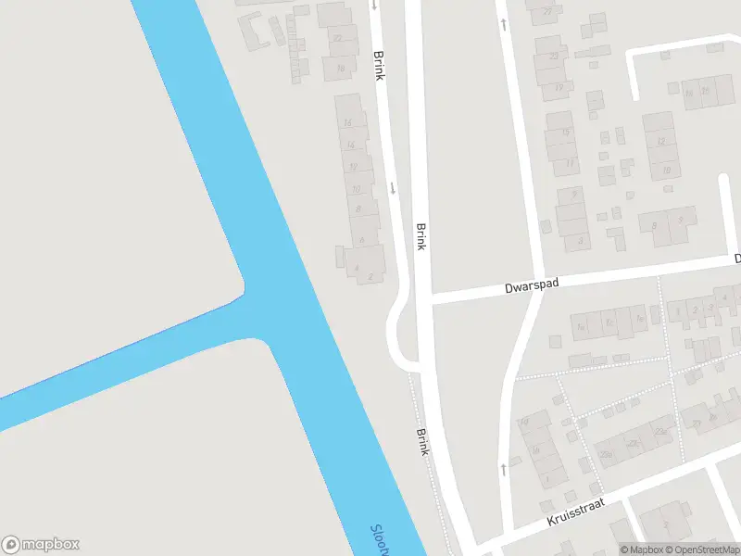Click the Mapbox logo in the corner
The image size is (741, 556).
tap(41, 545)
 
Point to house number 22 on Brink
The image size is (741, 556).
tap(338, 38)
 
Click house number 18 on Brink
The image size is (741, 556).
tap(341, 68)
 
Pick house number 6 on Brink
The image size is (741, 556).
tap(360, 239)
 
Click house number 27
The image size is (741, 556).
tap(547, 11)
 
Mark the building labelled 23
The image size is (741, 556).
tap(554, 56)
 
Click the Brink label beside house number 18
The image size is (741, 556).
tap(378, 64)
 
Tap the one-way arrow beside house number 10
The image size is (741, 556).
tap(393, 188)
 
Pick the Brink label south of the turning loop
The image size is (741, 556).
tap(422, 441)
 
